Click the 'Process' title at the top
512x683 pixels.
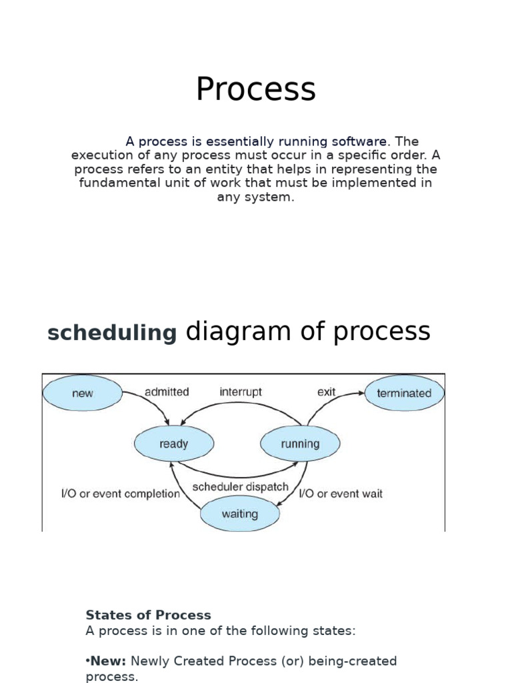pyautogui.click(x=255, y=89)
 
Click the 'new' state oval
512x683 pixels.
pyautogui.click(x=83, y=393)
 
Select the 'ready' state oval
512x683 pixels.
pyautogui.click(x=174, y=444)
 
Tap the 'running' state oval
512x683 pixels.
pyautogui.click(x=300, y=444)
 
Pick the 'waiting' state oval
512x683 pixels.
pyautogui.click(x=239, y=514)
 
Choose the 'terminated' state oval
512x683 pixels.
pyautogui.click(x=404, y=393)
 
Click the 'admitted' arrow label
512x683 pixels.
pyautogui.click(x=167, y=392)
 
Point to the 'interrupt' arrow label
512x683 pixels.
pyautogui.click(x=241, y=392)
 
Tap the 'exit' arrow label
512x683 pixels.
pyautogui.click(x=327, y=392)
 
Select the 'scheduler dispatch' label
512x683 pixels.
pyautogui.click(x=240, y=487)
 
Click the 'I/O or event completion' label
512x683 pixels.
pyautogui.click(x=121, y=494)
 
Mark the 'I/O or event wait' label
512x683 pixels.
pyautogui.click(x=341, y=494)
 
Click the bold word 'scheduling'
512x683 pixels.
pyautogui.click(x=112, y=333)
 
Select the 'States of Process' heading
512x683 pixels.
pyautogui.click(x=148, y=615)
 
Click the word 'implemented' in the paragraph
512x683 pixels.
pyautogui.click(x=373, y=183)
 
